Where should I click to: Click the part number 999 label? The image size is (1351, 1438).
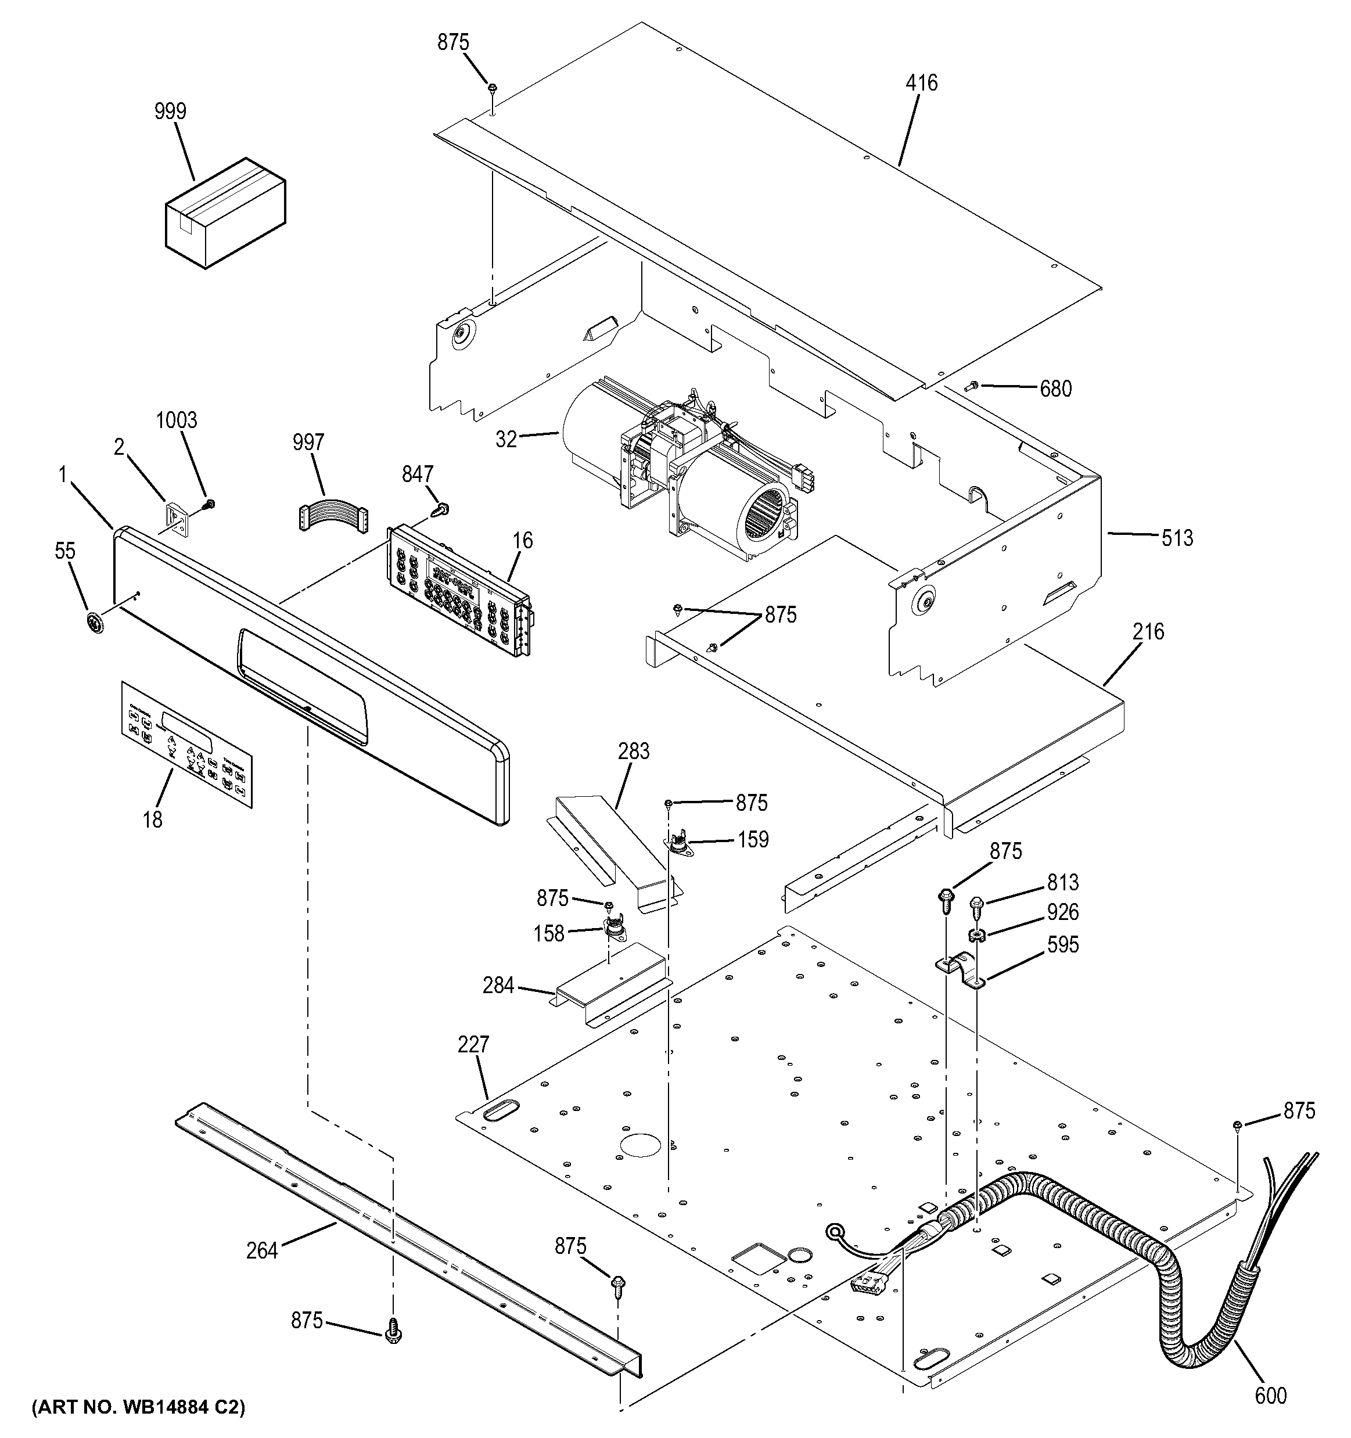click(170, 112)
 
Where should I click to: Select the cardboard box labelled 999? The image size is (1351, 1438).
click(225, 214)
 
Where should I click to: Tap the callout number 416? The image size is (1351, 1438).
click(921, 83)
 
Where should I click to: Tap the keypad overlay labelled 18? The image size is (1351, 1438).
click(186, 743)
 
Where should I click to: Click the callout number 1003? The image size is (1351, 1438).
click(177, 420)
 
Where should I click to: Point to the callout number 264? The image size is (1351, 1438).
click(261, 1250)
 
